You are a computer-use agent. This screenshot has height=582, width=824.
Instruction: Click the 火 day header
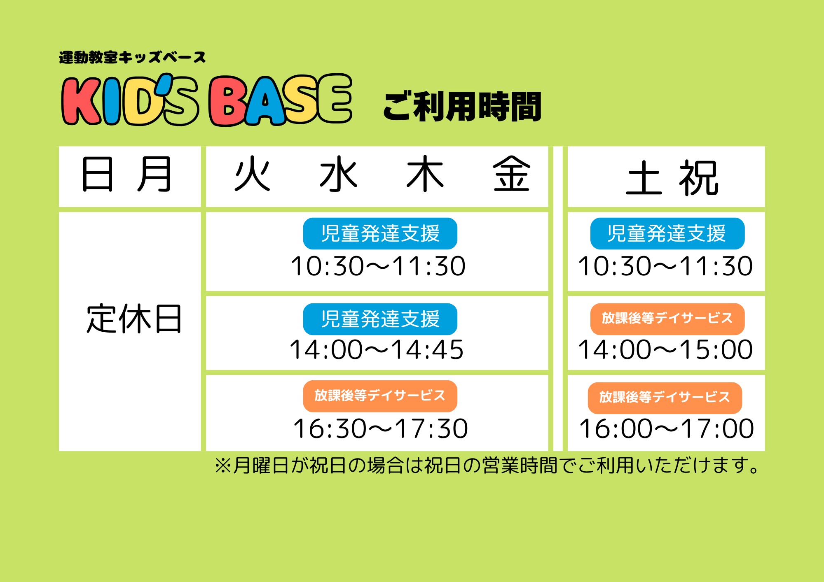point(252,174)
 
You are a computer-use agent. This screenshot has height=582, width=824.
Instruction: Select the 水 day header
point(339,174)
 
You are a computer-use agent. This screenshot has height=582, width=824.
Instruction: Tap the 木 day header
point(425,174)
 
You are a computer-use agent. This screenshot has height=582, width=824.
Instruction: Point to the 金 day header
point(511,174)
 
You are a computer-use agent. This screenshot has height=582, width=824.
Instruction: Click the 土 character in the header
point(644,178)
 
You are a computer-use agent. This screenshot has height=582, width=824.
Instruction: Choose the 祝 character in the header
point(699,178)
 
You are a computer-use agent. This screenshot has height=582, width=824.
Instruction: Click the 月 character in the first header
point(154,174)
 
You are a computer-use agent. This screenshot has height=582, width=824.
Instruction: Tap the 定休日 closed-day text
point(134,319)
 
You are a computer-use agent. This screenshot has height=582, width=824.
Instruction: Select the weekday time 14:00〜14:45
point(377,350)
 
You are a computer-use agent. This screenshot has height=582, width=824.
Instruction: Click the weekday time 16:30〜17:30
point(380,429)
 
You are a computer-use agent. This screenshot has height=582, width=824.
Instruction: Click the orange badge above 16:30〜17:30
point(380,396)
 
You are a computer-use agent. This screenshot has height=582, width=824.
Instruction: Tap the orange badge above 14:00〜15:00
point(667,319)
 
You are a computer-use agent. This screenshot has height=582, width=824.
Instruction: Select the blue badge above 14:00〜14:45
point(380,319)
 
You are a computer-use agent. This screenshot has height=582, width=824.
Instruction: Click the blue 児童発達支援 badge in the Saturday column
point(667,233)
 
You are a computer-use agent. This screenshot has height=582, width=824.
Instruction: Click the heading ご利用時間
point(462,107)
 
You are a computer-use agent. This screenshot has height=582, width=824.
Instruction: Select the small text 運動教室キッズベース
point(132,57)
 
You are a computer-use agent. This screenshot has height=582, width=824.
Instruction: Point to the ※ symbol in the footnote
point(222,466)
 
